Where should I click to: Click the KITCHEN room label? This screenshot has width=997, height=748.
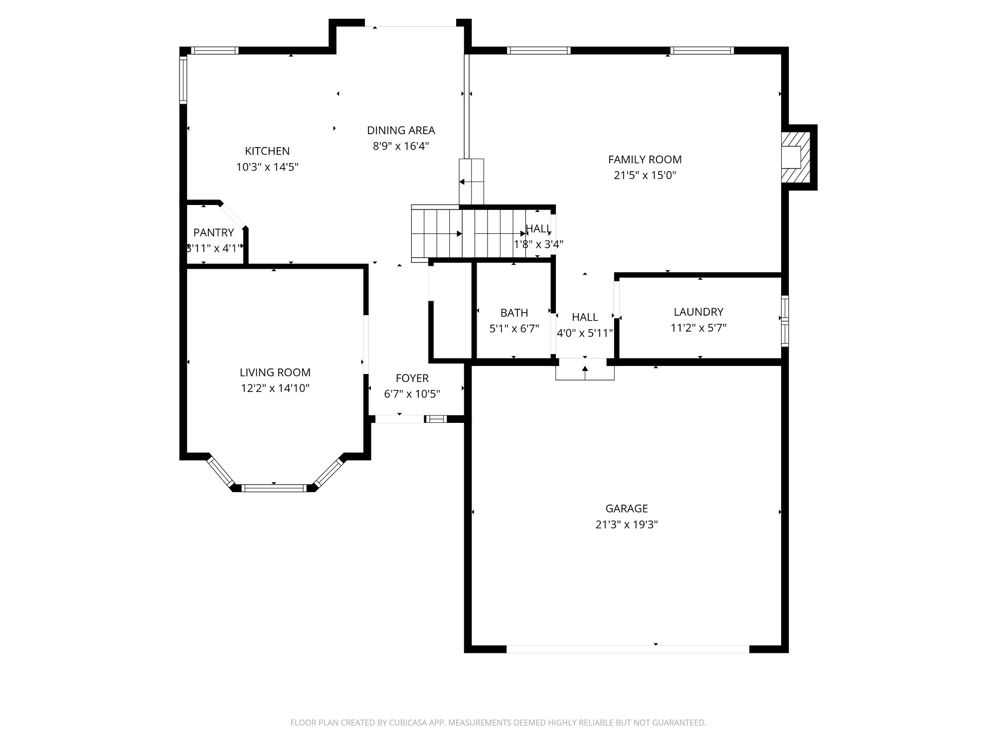(267, 151)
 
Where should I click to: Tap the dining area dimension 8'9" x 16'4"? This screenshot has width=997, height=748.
(401, 146)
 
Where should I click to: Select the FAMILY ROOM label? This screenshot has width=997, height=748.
(645, 160)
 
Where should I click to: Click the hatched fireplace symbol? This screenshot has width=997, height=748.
(796, 157)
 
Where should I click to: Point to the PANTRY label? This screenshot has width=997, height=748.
(213, 232)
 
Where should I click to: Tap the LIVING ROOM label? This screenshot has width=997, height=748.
(275, 373)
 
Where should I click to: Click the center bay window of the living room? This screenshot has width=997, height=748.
(274, 488)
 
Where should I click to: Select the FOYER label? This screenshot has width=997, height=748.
(412, 378)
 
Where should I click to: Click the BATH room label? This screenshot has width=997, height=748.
(514, 313)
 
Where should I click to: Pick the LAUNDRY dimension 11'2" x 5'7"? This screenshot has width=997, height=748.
(698, 328)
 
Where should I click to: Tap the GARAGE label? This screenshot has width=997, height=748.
(627, 509)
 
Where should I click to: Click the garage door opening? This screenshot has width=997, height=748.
(627, 649)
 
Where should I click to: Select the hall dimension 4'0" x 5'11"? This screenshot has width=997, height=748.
(585, 333)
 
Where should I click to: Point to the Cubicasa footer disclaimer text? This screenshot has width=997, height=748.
(498, 723)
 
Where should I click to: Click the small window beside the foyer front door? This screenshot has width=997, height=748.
(436, 419)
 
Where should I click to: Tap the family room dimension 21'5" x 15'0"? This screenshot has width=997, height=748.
(645, 176)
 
